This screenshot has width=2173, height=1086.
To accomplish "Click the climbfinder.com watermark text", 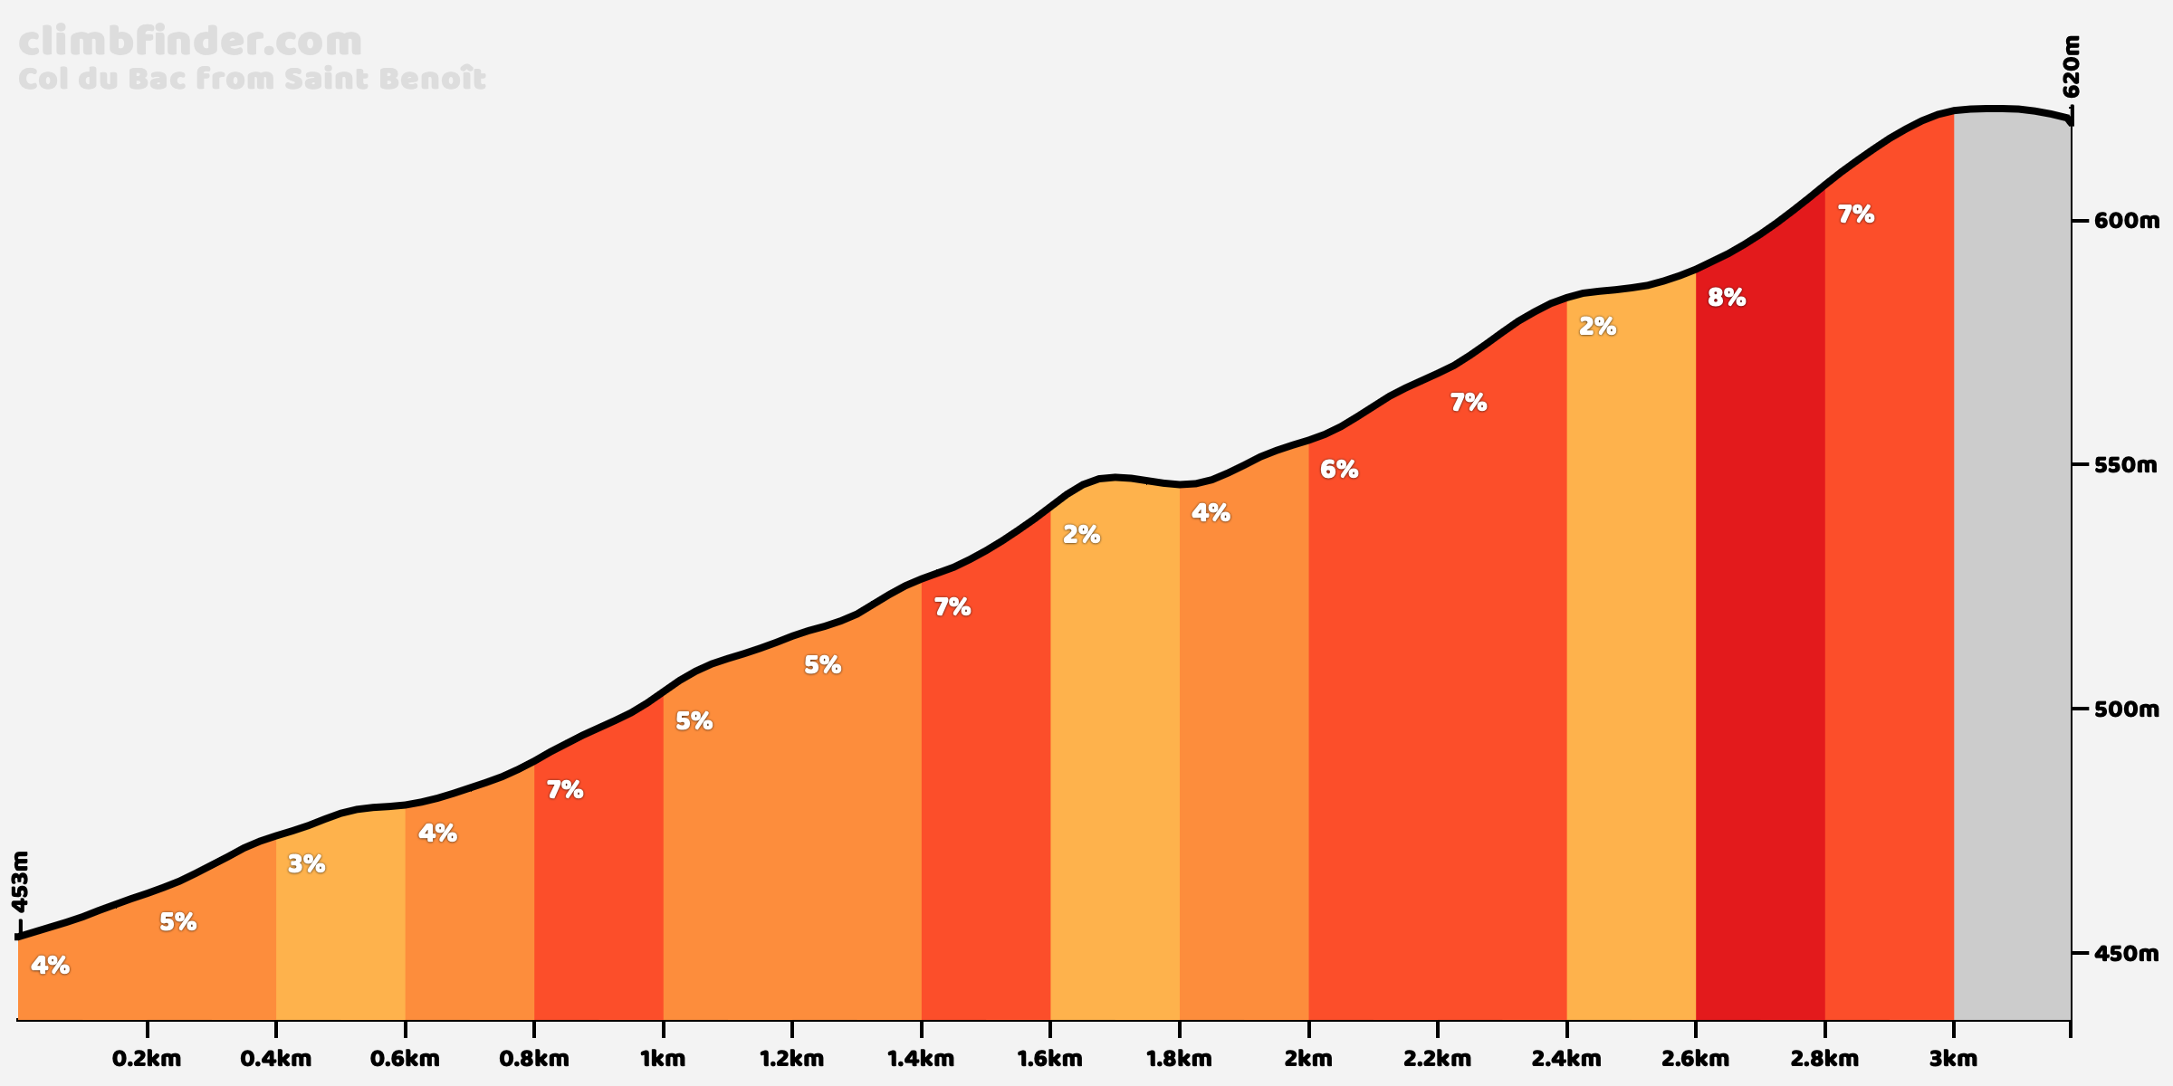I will [x=190, y=43].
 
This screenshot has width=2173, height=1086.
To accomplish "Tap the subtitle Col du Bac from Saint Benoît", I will [x=252, y=80].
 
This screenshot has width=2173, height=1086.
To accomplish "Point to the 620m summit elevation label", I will [x=2071, y=67].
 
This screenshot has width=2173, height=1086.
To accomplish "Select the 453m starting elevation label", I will [x=20, y=881].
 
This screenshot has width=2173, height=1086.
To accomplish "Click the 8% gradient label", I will [x=1726, y=298].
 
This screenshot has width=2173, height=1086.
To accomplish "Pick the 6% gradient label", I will [x=1338, y=470].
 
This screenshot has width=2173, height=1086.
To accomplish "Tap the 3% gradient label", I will [x=306, y=864].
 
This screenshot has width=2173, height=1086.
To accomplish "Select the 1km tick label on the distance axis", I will [x=663, y=1059].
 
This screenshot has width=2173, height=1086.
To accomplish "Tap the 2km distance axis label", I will [x=1308, y=1059].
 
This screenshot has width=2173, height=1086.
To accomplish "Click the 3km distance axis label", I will [x=1953, y=1059].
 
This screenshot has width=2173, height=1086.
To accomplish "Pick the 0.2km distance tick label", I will [x=147, y=1059].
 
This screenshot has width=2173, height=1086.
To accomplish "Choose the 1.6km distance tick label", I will [x=1050, y=1059].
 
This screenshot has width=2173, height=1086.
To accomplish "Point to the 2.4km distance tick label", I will [x=1566, y=1059].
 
